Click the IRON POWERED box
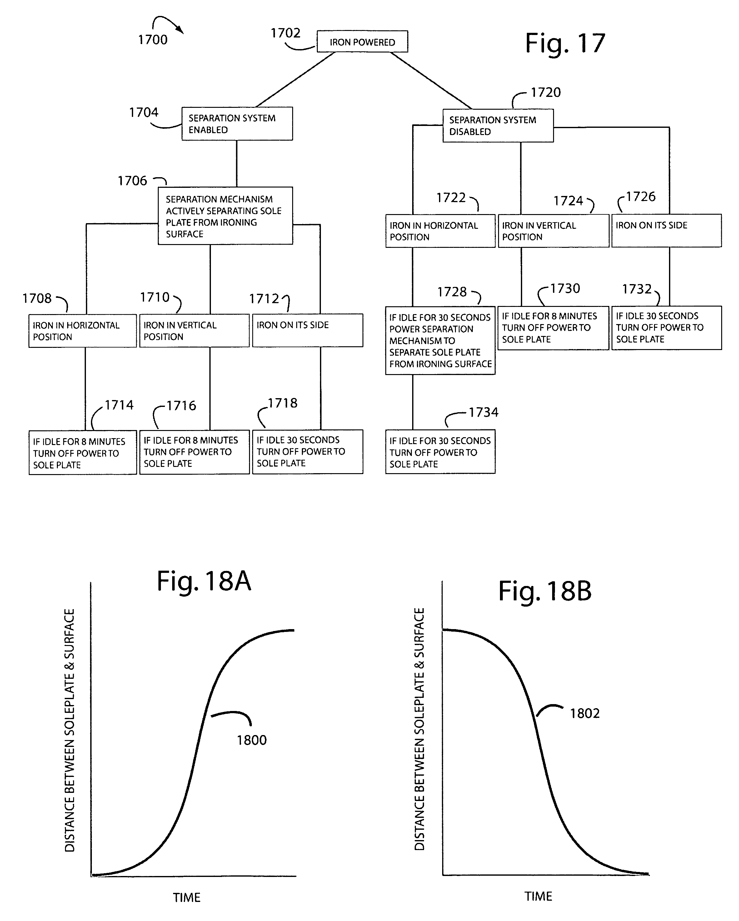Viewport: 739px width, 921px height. point(362,42)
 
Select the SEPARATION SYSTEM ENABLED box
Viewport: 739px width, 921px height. point(237,123)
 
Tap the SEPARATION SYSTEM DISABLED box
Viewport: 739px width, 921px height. point(498,126)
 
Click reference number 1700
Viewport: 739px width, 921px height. point(152,40)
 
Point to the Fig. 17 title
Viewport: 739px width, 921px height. point(565,43)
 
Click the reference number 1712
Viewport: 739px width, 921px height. point(264,298)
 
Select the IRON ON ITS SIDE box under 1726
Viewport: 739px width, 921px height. point(667,231)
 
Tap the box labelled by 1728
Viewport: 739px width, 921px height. point(440,340)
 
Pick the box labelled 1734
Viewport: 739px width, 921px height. point(440,452)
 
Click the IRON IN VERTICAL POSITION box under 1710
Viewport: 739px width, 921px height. point(194,331)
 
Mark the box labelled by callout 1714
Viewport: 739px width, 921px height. point(83,453)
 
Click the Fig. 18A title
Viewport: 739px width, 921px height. point(204,581)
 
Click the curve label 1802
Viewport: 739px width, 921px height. point(585,713)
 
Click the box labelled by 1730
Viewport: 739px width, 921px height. point(553,328)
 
